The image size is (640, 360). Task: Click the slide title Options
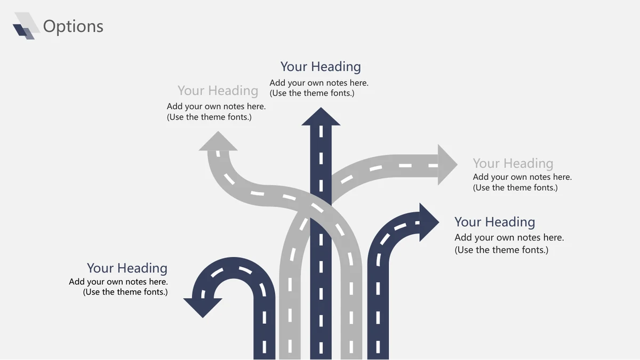73,27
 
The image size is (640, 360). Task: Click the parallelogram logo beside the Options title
26,26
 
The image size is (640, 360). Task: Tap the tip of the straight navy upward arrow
321,107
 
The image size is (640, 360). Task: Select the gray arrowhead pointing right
447,165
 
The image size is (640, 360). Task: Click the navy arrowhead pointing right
429,222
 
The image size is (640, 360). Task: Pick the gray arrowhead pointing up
218,141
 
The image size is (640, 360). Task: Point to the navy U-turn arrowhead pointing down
203,308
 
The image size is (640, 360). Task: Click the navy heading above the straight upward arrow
321,67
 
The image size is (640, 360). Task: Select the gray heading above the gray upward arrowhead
218,91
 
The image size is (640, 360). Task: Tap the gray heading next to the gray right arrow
513,164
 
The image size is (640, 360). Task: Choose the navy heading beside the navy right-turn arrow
494,222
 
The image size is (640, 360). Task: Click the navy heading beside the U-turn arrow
127,268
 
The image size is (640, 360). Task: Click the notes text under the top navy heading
319,88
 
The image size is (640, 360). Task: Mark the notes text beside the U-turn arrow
118,287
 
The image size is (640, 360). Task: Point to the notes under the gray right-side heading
522,182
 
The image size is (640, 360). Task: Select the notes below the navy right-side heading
509,244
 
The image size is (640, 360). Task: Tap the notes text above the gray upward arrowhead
217,111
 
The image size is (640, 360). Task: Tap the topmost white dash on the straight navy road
321,131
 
